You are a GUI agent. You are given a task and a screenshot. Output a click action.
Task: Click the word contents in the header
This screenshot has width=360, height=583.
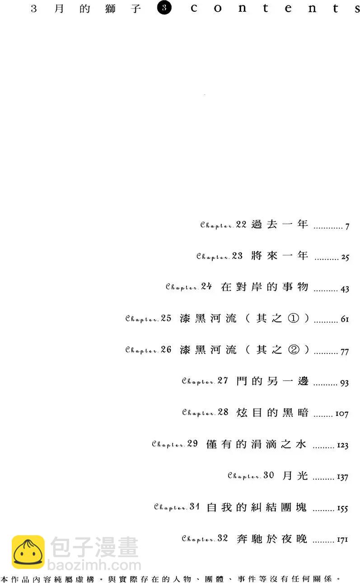pos(271,9)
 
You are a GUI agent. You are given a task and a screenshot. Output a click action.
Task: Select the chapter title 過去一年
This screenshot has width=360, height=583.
pos(280,224)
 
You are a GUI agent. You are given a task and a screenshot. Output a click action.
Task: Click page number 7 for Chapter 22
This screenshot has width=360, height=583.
pos(347,226)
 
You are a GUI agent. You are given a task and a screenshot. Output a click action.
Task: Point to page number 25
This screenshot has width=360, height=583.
pos(345,258)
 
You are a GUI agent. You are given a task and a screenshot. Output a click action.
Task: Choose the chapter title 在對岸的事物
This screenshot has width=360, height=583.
pos(265,287)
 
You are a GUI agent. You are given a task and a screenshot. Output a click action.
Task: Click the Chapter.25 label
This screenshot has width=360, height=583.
pos(149,318)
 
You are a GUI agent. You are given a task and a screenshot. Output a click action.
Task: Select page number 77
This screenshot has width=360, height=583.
pos(345,352)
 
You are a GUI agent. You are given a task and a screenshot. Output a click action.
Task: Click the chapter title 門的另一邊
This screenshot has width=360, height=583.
pos(272,381)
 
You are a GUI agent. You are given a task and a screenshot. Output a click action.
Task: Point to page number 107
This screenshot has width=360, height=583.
pos(342,414)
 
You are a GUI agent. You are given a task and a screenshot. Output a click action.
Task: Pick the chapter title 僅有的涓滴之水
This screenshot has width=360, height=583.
pos(256,444)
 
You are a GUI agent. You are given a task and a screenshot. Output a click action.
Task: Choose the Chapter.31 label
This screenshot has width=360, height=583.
pos(177,507)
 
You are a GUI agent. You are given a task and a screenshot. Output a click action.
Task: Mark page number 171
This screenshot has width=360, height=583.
pos(342,540)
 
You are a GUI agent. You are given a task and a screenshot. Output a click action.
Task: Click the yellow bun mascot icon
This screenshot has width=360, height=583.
pos(28,552)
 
